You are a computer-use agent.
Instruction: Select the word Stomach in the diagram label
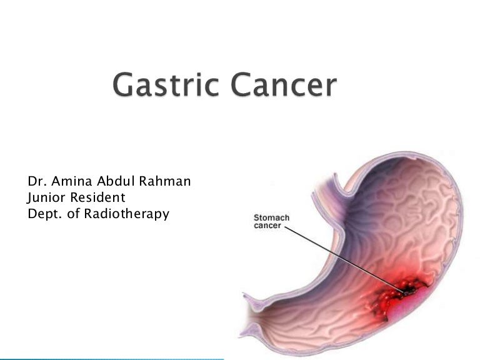coord(271,218)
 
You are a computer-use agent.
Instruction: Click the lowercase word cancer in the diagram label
coord(267,226)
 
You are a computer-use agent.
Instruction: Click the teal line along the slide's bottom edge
coord(112,358)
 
